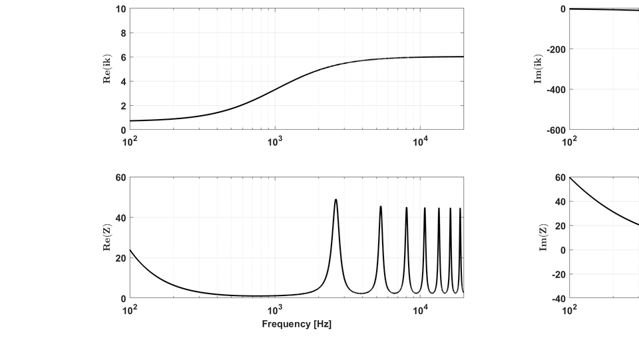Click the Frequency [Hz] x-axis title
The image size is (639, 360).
coord(296,324)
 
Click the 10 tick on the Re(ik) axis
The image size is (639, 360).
coord(120,9)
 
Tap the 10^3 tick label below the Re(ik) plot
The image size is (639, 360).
coord(275,142)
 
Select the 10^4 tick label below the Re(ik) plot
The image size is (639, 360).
coord(420,142)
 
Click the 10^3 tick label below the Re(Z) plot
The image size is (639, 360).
coord(275,310)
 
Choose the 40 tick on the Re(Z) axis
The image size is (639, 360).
coord(120,218)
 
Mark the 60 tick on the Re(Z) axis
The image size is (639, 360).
coord(120,178)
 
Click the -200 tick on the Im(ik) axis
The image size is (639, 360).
coord(554,49)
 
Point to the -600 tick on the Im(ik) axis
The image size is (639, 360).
coord(554,130)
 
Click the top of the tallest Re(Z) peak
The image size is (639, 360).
coord(335,200)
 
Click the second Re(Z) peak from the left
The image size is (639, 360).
coord(381,206)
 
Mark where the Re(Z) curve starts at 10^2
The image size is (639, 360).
coord(130,250)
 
